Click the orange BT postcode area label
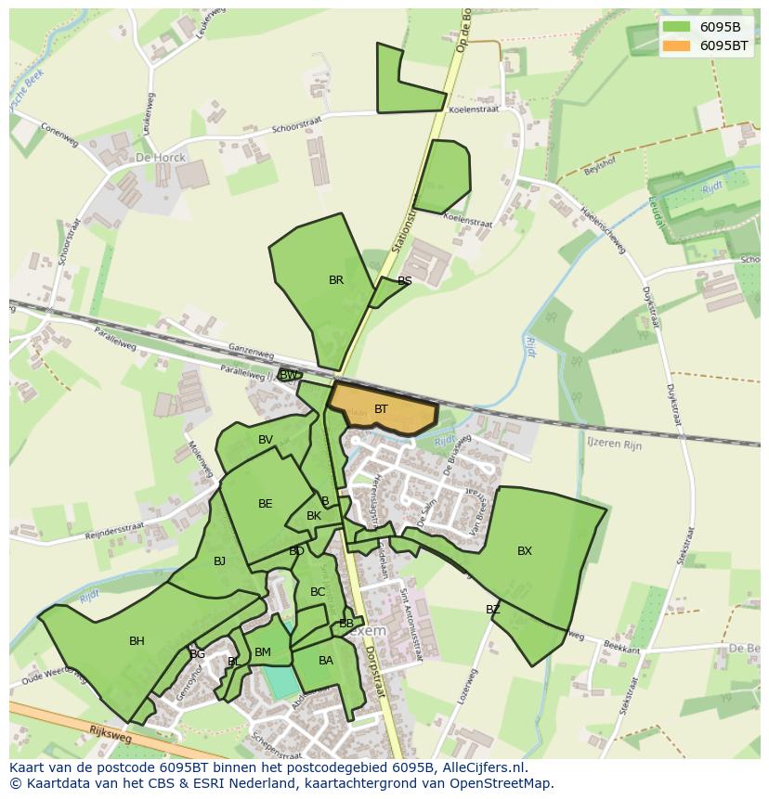tap(381, 409)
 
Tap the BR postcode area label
tap(336, 280)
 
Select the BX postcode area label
tap(525, 551)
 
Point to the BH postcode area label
tap(137, 641)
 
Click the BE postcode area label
tap(266, 504)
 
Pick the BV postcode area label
tap(266, 440)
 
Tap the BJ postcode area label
tap(220, 561)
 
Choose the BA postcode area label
tap(326, 661)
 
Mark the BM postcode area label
tap(263, 652)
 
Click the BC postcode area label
tap(318, 592)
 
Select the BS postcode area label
tap(405, 281)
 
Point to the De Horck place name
tap(161, 158)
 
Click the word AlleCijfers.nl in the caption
tap(484, 768)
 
